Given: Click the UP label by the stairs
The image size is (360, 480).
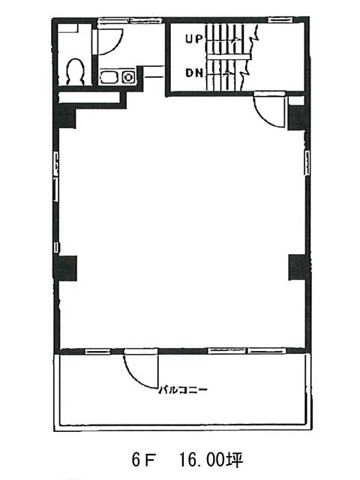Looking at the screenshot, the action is click(x=194, y=39).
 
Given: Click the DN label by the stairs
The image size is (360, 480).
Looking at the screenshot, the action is click(x=194, y=73).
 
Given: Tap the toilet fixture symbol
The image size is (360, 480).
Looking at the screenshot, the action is click(x=75, y=72).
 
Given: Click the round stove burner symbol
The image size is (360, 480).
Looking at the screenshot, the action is click(x=128, y=76).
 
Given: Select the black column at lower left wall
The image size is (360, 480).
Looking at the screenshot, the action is click(x=65, y=268).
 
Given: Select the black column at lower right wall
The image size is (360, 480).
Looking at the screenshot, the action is click(x=298, y=267).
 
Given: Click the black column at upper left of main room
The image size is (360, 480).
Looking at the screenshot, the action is click(x=65, y=116).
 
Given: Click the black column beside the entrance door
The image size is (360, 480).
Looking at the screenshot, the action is click(x=296, y=118).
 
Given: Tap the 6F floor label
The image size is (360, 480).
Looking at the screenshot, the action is click(x=143, y=460).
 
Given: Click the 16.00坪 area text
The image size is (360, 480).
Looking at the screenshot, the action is click(x=211, y=460).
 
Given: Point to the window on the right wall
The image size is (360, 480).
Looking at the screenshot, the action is click(x=307, y=163).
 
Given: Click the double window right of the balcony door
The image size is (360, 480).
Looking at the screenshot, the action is click(x=247, y=350).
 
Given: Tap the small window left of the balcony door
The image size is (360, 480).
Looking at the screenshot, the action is click(x=97, y=351).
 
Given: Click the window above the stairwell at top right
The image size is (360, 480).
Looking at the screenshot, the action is click(x=280, y=20).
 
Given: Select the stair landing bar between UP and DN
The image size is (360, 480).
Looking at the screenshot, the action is click(x=228, y=57).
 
